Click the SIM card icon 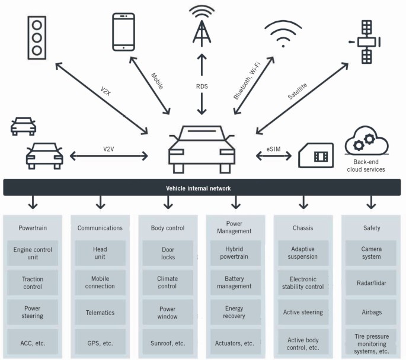(x=316, y=156)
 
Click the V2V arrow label (x=108, y=149)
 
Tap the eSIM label (x=274, y=148)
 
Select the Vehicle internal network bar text (x=202, y=188)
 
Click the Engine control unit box (x=33, y=253)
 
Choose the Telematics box (x=100, y=313)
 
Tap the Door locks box (x=168, y=253)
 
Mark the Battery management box (x=235, y=282)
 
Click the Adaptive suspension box (x=303, y=253)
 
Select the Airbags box (x=371, y=313)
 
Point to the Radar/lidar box (x=371, y=283)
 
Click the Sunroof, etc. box (x=168, y=343)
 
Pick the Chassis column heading (x=303, y=227)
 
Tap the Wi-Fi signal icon (x=287, y=34)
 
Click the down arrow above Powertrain (x=33, y=203)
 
